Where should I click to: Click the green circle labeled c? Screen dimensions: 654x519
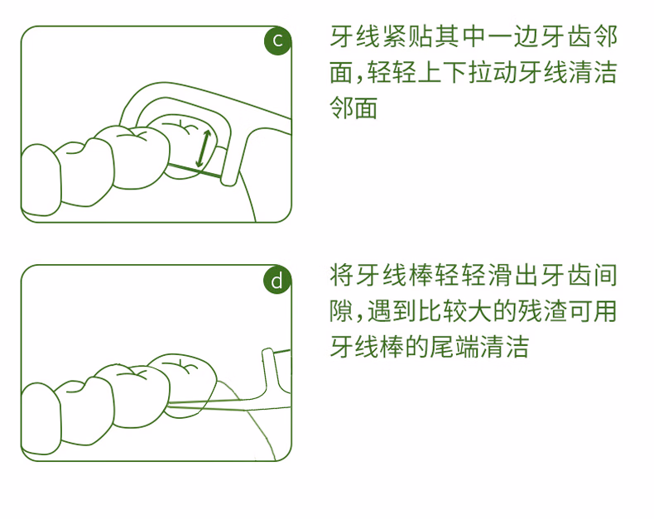277,41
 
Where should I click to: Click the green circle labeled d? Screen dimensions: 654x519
277,281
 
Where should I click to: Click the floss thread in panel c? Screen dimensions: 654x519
195,171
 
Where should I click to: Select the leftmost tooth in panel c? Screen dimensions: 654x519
41,180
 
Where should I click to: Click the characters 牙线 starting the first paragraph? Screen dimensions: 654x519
356,36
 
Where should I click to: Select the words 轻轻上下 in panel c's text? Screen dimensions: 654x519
417,73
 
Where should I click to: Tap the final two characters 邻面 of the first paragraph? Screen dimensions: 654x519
353,108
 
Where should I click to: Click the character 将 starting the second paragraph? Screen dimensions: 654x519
343,275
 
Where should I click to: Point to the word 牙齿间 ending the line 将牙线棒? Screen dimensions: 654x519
579,275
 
